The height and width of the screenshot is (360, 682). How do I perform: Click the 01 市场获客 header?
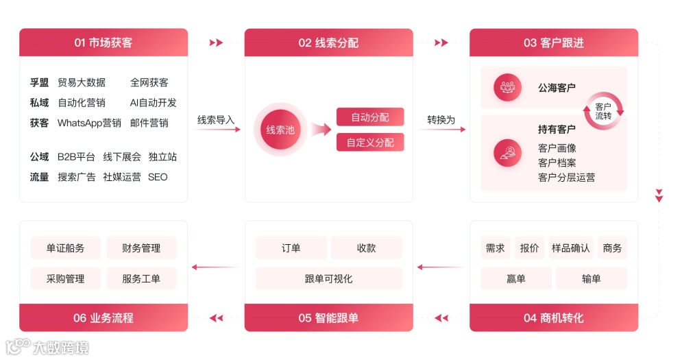(103, 43)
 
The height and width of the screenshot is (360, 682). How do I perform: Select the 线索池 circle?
(280, 129)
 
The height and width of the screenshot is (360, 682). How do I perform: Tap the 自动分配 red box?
(370, 117)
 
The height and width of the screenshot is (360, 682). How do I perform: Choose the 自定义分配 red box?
(370, 143)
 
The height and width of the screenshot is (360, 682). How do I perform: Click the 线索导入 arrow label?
(216, 120)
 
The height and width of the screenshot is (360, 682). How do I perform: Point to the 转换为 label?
(441, 120)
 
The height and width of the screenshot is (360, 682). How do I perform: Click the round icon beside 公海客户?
(507, 87)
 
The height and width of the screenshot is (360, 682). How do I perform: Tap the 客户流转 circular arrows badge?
(603, 111)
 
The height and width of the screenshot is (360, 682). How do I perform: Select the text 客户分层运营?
(566, 178)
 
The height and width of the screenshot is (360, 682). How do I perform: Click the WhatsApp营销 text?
(89, 123)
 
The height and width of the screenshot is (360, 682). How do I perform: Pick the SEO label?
(158, 177)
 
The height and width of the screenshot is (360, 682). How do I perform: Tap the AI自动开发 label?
(153, 103)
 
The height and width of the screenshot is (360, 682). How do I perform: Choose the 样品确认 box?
(570, 248)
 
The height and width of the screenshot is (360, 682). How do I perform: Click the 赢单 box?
(515, 278)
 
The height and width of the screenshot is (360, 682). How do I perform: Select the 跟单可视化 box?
(328, 278)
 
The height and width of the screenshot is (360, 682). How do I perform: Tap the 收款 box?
(366, 248)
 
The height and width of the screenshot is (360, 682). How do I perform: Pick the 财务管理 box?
(141, 248)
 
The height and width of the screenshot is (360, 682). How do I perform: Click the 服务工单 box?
(141, 278)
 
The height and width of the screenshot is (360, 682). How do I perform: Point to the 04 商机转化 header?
(553, 318)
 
